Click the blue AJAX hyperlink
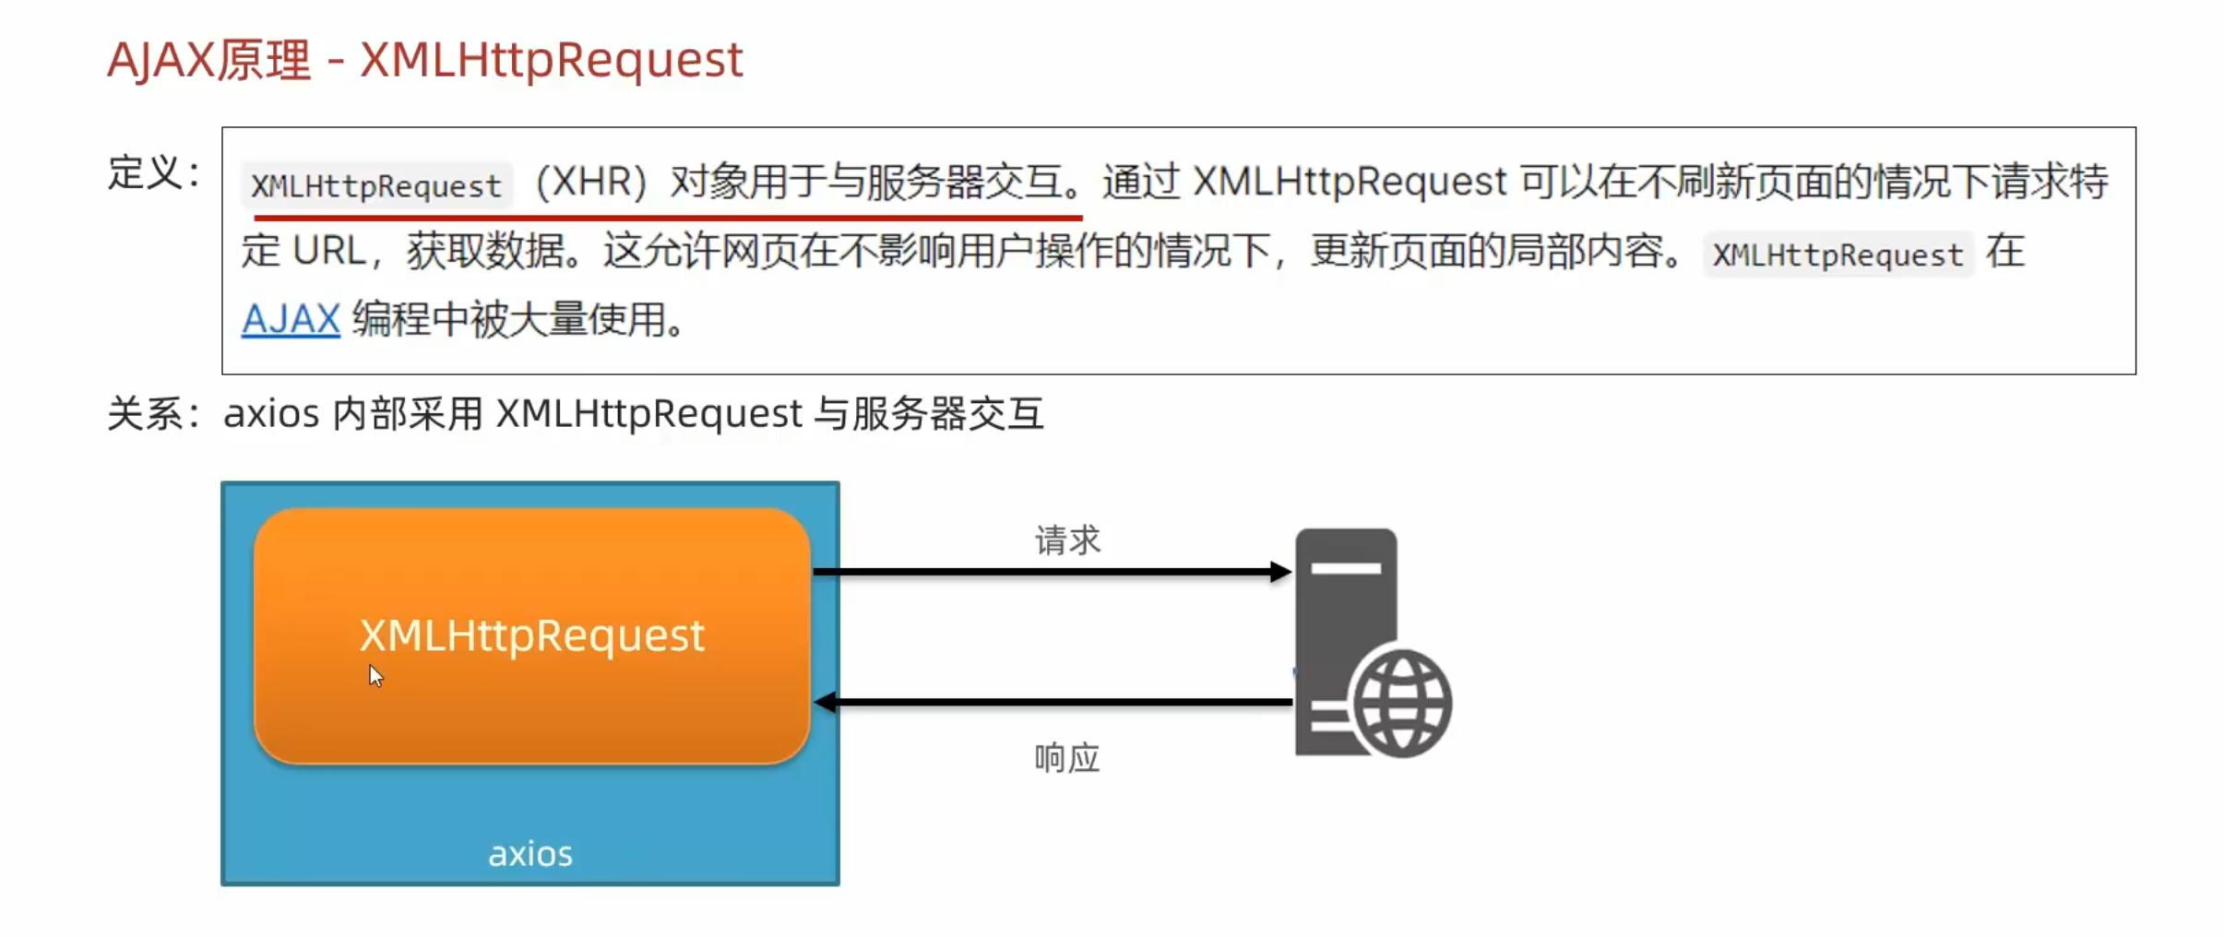click(291, 320)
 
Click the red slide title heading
click(424, 61)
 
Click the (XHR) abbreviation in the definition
click(591, 182)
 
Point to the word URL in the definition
click(329, 251)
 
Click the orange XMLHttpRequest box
click(531, 635)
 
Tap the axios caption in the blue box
click(530, 854)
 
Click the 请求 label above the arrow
click(1067, 540)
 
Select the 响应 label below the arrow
click(1066, 758)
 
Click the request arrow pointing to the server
click(1052, 572)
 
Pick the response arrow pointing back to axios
click(1052, 703)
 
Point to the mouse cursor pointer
click(375, 675)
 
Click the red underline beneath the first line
click(667, 218)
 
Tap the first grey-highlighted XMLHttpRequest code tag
click(375, 185)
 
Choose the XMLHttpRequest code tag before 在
click(1837, 254)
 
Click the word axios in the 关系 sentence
click(271, 413)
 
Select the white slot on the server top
click(1346, 568)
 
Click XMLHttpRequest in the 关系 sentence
click(648, 413)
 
